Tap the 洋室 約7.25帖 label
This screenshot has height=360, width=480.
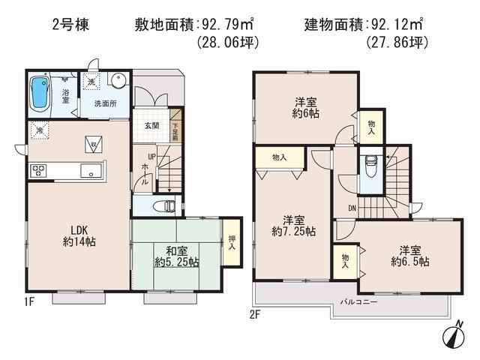(x=293, y=226)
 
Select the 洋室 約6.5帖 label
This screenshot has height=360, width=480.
(x=409, y=255)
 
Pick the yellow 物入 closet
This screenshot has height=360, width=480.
(x=279, y=157)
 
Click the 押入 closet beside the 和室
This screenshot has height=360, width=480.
(x=232, y=241)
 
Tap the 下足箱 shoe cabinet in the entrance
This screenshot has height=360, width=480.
(x=175, y=130)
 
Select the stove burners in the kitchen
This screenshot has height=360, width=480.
(x=39, y=171)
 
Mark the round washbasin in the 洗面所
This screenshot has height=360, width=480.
(x=118, y=82)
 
